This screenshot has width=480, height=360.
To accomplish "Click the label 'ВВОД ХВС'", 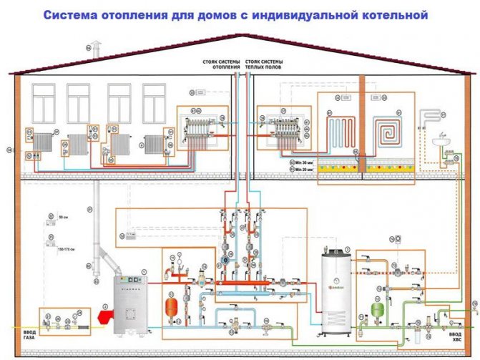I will click(455, 336).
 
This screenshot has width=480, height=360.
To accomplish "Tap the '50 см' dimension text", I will click(63, 215).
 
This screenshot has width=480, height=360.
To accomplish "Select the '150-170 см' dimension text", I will click(66, 248).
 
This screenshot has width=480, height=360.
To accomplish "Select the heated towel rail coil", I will click(429, 117).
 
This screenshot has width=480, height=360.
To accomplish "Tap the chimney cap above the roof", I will click(98, 47).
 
